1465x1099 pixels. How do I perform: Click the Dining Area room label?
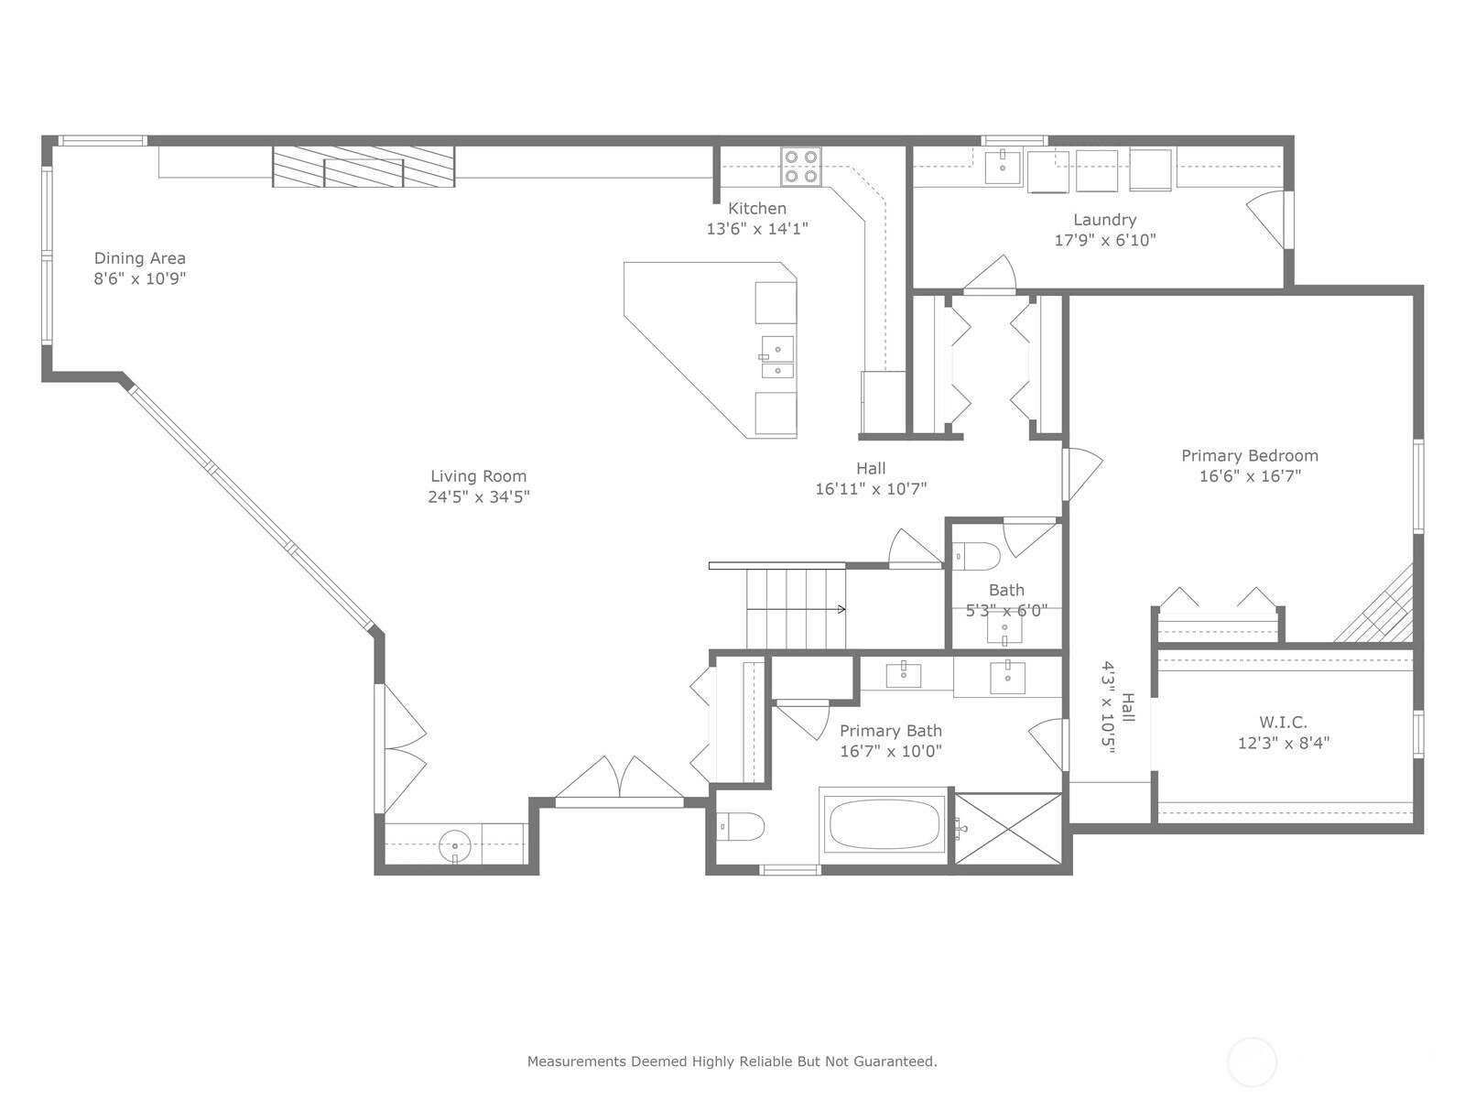coord(139,258)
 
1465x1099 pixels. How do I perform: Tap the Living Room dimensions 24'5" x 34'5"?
coord(479,497)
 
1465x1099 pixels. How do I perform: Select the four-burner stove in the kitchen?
coord(801,167)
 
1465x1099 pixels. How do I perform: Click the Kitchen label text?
coord(757,208)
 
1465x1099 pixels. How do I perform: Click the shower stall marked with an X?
coord(1008,829)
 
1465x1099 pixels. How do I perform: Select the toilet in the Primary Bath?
coord(740,827)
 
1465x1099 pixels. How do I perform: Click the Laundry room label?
coord(1104,220)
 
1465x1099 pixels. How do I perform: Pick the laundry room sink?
coord(1003,169)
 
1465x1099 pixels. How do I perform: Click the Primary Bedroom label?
coord(1250,456)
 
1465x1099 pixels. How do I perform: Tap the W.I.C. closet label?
coord(1283,722)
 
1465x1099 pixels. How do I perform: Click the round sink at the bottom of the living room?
coord(455,846)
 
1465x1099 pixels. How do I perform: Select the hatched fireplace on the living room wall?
coord(364,167)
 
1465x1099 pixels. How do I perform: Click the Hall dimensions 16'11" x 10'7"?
coord(871,489)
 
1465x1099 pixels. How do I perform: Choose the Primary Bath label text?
coord(890,731)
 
